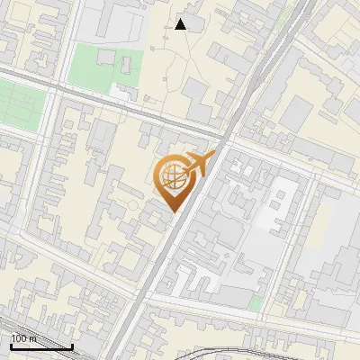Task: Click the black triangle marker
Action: tap(181, 24)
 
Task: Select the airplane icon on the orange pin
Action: tap(198, 163)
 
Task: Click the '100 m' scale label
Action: tap(23, 338)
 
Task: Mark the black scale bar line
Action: tap(41, 346)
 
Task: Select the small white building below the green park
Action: tap(120, 90)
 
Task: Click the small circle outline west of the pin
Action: tap(132, 206)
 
